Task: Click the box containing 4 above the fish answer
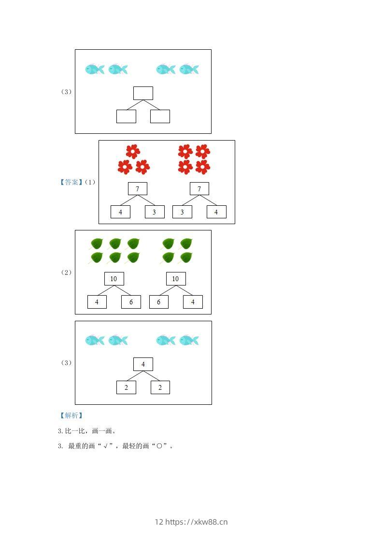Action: click(143, 364)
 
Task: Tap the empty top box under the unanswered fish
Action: click(143, 93)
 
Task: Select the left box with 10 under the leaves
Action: click(114, 279)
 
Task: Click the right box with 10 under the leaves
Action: click(175, 279)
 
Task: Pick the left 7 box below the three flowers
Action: click(137, 188)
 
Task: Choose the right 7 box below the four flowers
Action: click(199, 188)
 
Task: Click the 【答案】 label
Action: click(71, 182)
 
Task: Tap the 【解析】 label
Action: click(71, 415)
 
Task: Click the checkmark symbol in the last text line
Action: click(106, 446)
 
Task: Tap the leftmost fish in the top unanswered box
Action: click(95, 69)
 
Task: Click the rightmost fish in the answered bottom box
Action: click(189, 340)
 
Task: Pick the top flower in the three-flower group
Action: click(133, 151)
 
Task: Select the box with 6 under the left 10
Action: click(131, 302)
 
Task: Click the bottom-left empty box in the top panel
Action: click(126, 116)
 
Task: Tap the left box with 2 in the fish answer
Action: click(126, 387)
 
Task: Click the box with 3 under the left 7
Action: click(155, 212)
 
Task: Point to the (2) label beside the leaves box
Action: click(66, 272)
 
